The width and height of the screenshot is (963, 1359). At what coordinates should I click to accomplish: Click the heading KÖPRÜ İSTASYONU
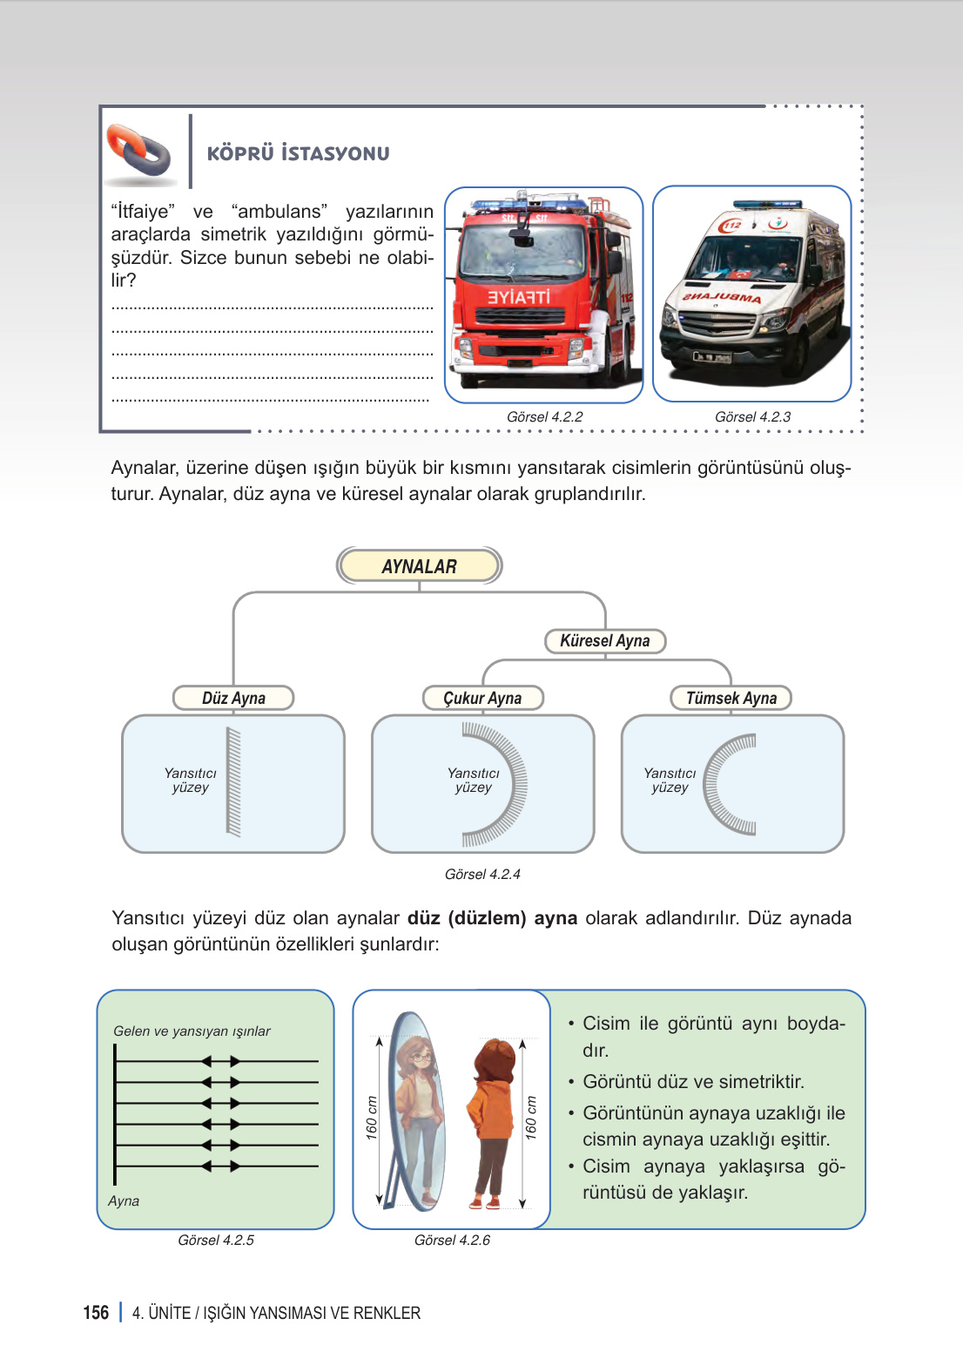[x=298, y=154]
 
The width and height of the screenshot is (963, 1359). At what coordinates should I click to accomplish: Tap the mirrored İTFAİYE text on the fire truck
[x=518, y=297]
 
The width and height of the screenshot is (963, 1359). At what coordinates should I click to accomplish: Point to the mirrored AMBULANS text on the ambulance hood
[x=722, y=297]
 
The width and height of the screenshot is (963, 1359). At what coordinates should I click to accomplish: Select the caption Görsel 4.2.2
[x=544, y=417]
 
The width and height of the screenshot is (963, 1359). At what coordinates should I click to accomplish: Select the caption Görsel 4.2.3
[x=752, y=417]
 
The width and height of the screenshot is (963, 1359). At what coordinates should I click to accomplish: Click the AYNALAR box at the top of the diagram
[x=419, y=566]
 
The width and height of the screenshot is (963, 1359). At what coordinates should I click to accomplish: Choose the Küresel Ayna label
[x=605, y=641]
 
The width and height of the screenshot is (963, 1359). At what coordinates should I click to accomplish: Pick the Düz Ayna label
[x=233, y=699]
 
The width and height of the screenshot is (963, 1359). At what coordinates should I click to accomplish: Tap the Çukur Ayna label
[x=482, y=699]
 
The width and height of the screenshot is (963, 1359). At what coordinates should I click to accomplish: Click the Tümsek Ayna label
[x=731, y=699]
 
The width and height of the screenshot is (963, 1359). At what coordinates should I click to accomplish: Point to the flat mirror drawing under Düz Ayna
[x=233, y=781]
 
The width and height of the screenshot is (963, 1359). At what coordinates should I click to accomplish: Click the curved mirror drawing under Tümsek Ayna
[x=730, y=783]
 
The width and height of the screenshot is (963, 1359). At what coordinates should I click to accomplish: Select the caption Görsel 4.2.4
[x=482, y=875]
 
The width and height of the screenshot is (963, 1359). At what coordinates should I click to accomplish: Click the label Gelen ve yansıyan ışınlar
[x=192, y=1031]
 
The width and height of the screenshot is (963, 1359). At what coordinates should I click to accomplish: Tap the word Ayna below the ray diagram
[x=124, y=1201]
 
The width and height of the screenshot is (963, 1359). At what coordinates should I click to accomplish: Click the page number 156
[x=96, y=1313]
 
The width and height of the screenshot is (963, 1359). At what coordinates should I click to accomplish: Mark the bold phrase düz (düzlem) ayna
[x=492, y=918]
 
